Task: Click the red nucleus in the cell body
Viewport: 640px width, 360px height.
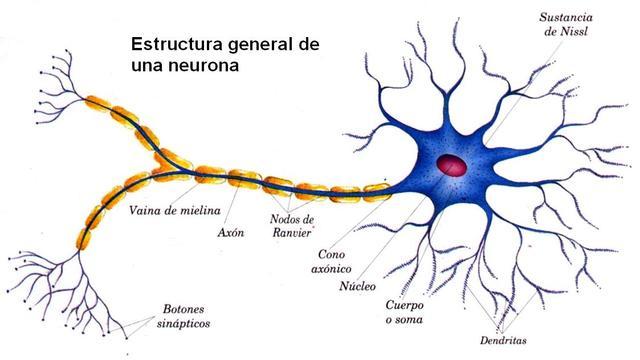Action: coord(454,164)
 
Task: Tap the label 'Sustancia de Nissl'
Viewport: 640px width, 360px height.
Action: coord(567,25)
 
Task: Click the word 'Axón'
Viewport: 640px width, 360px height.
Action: coord(230,232)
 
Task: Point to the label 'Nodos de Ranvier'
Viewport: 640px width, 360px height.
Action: coord(292,226)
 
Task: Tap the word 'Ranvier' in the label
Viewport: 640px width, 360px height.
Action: coord(292,234)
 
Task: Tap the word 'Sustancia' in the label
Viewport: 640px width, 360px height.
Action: coord(567,17)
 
